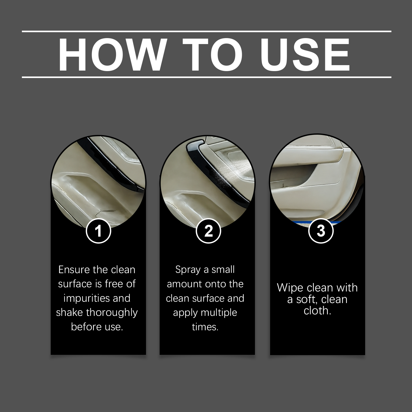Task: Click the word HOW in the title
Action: (x=111, y=55)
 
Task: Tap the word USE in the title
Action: (x=305, y=55)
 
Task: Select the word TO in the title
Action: (x=212, y=55)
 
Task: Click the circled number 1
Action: (x=98, y=231)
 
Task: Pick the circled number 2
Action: (x=208, y=231)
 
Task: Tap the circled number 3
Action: (x=321, y=231)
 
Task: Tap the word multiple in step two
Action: (x=219, y=313)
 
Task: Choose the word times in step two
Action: (x=205, y=327)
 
